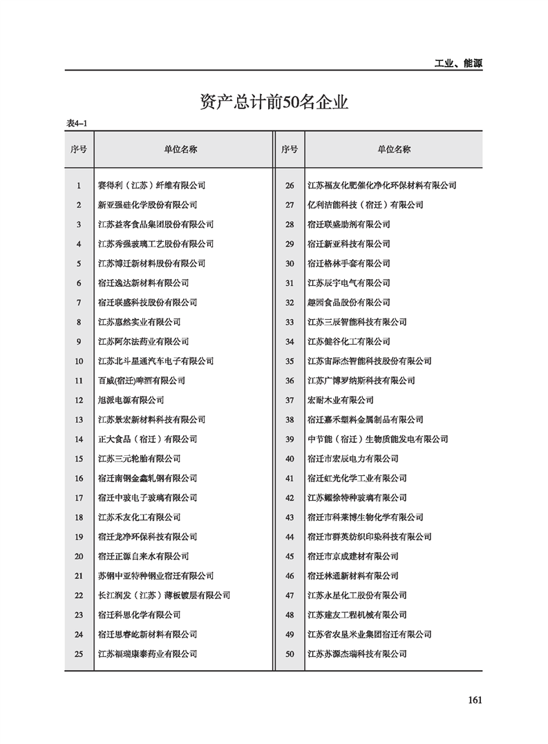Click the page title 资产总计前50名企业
(x=274, y=104)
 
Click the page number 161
(x=474, y=699)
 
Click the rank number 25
(x=79, y=654)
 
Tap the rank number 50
(x=290, y=654)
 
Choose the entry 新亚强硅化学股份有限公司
(x=148, y=204)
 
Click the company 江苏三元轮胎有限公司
(x=140, y=459)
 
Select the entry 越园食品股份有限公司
(x=349, y=303)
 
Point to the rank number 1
(x=79, y=185)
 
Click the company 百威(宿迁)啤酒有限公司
(x=142, y=381)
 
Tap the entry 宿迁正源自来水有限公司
(x=144, y=556)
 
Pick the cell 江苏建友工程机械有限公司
(x=357, y=615)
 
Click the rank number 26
(x=290, y=185)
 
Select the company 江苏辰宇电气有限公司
(x=349, y=283)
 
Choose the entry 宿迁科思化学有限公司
(x=140, y=615)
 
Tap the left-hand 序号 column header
(x=79, y=149)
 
